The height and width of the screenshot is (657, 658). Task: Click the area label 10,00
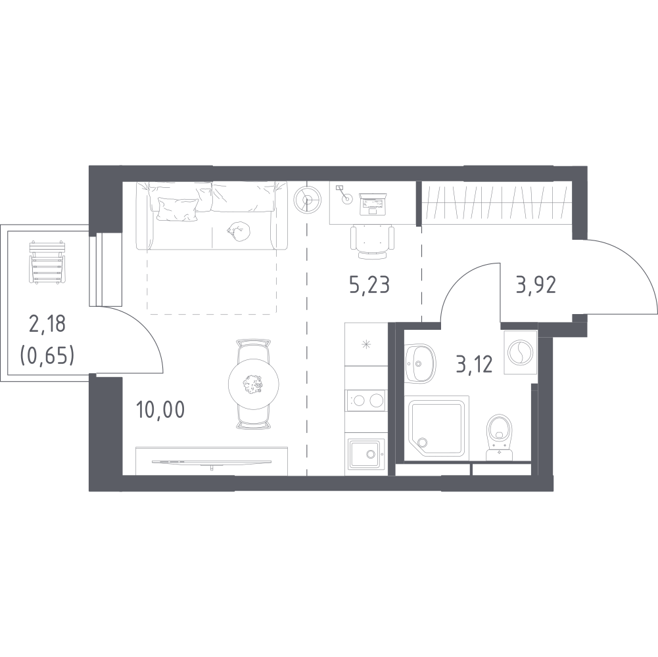click(x=160, y=410)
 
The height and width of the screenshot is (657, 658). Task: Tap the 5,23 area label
click(x=369, y=284)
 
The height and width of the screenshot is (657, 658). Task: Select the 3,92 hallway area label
click(x=536, y=285)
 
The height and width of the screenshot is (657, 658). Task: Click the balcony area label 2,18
click(x=47, y=325)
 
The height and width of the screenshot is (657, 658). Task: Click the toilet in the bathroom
click(x=500, y=437)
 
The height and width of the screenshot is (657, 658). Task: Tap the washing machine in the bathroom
click(x=520, y=351)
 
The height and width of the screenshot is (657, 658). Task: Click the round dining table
click(x=254, y=382)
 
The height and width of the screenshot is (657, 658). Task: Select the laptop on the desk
click(x=373, y=204)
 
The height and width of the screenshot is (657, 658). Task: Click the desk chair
click(x=372, y=242)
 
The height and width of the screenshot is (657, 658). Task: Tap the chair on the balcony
click(x=47, y=262)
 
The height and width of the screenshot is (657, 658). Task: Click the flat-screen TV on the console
click(x=212, y=463)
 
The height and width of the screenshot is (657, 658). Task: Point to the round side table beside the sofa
click(x=307, y=199)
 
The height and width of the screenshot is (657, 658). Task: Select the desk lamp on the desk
click(x=344, y=194)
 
